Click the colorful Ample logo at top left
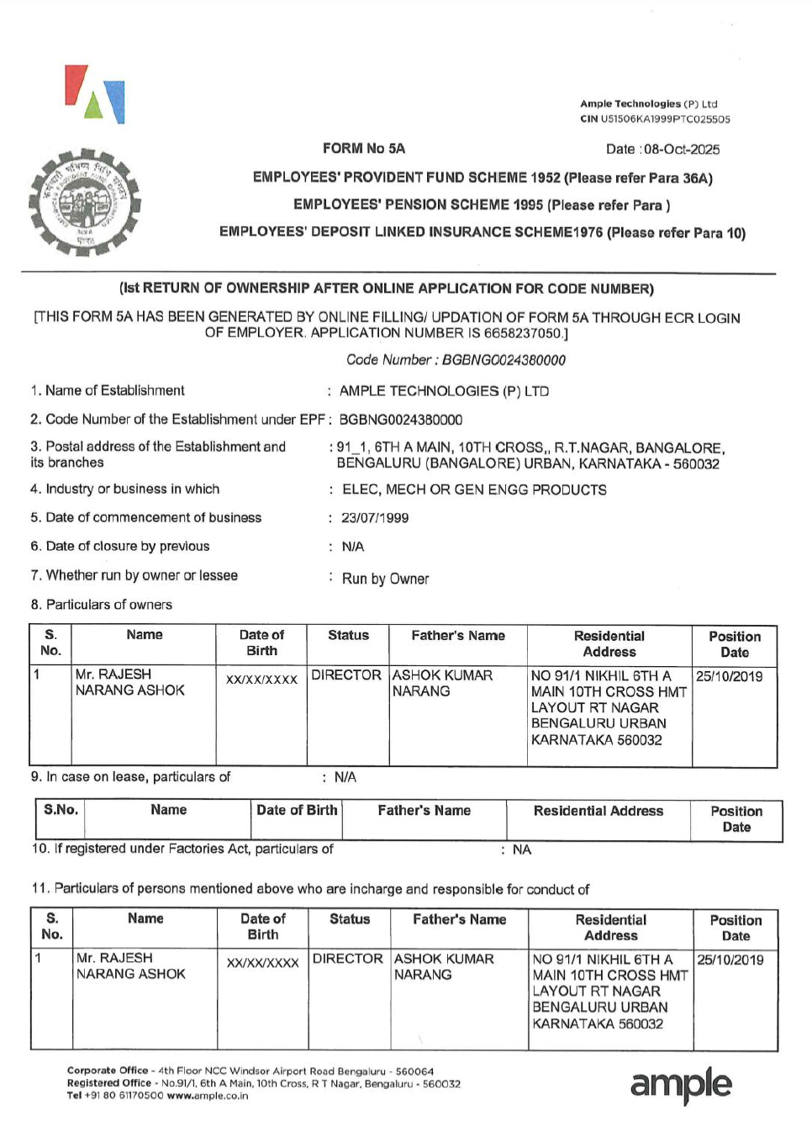click(95, 94)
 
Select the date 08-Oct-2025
click(682, 150)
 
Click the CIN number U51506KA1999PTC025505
click(665, 119)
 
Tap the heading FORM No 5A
click(363, 149)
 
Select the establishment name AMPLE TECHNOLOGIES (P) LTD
click(444, 391)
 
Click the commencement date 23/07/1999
click(375, 518)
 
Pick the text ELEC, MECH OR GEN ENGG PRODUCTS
click(474, 489)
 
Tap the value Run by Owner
click(385, 579)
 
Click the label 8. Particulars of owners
click(101, 605)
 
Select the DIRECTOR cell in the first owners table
click(346, 675)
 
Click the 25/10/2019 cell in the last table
click(730, 960)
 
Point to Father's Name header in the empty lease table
click(424, 811)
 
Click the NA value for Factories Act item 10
click(522, 850)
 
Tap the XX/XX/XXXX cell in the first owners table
click(261, 680)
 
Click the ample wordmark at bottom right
click(681, 1085)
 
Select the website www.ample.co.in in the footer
click(207, 1096)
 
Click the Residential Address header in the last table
click(611, 928)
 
